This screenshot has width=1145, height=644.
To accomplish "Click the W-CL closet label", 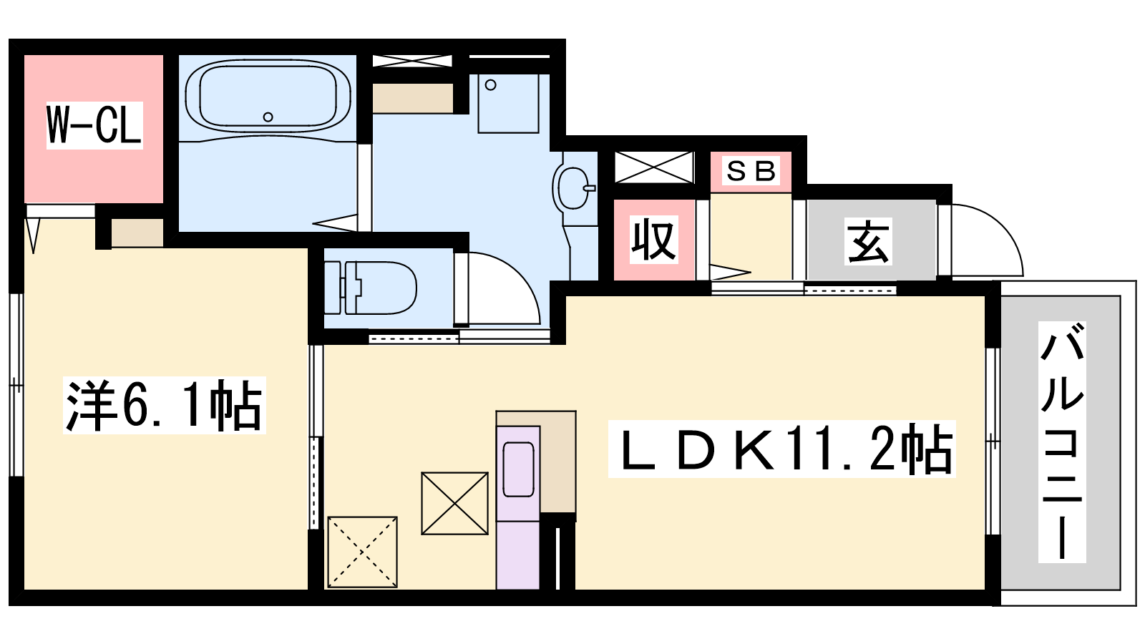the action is pyautogui.click(x=94, y=125).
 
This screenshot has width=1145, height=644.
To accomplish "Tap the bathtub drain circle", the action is pyautogui.click(x=268, y=117).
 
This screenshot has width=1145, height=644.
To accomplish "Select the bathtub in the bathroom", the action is pyautogui.click(x=268, y=97).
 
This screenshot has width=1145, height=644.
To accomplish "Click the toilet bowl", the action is pyautogui.click(x=381, y=288).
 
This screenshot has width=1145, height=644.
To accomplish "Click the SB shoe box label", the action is pyautogui.click(x=751, y=171).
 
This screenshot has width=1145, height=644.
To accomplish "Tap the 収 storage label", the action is pyautogui.click(x=654, y=240).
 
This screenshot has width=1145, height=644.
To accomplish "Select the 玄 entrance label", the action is pyautogui.click(x=868, y=241).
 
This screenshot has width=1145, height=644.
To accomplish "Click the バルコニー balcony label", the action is pyautogui.click(x=1062, y=442).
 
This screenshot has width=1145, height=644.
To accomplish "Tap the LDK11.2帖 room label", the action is pyautogui.click(x=782, y=449).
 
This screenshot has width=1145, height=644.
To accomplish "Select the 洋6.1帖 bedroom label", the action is pyautogui.click(x=164, y=405).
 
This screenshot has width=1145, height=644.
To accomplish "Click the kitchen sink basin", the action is pyautogui.click(x=518, y=469).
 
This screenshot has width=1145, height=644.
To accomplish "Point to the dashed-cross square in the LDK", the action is pyautogui.click(x=362, y=552).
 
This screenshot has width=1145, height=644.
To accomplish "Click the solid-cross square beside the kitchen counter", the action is pyautogui.click(x=455, y=504).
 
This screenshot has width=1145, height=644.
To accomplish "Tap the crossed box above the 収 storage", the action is pyautogui.click(x=654, y=167).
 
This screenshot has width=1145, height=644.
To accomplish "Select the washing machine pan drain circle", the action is pyautogui.click(x=491, y=85).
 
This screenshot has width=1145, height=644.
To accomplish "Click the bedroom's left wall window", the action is pyautogui.click(x=16, y=385).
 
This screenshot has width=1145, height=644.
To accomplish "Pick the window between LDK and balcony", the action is pyautogui.click(x=993, y=441).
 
